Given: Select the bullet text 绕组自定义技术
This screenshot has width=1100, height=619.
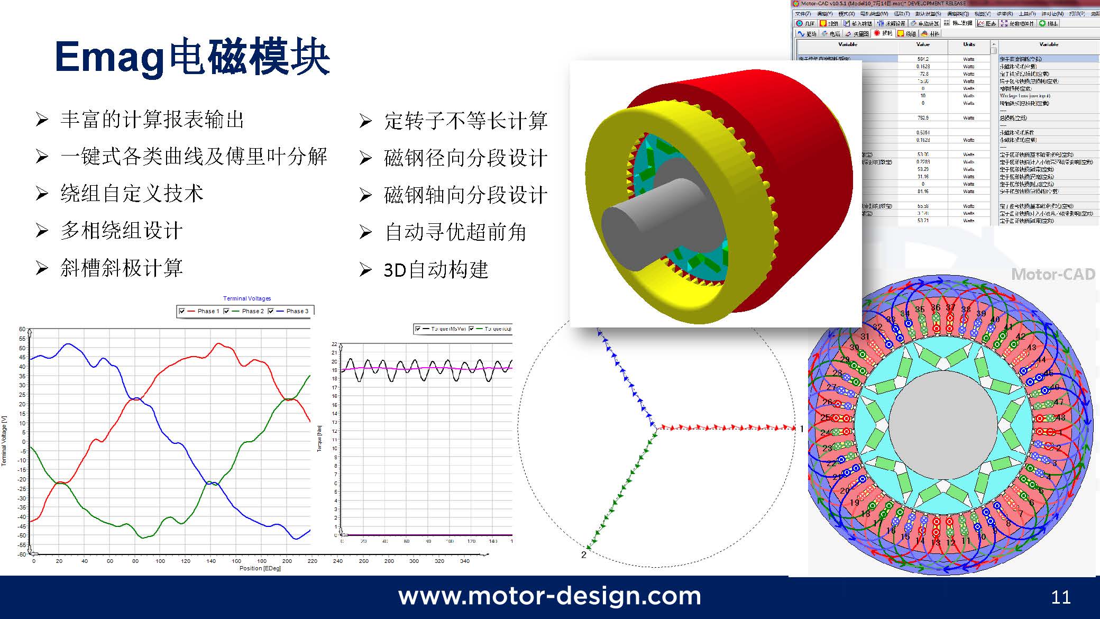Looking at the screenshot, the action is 132,194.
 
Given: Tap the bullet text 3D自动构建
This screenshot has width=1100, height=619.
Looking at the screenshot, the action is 436,270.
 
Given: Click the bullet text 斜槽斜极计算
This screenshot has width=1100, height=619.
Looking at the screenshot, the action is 122,268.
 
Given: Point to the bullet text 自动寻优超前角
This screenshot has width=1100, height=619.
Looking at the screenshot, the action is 455,232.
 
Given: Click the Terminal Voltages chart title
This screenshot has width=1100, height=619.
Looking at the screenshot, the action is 247,298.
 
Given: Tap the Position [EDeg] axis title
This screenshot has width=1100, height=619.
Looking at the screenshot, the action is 260,568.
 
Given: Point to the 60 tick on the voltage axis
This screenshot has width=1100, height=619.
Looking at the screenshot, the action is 22,329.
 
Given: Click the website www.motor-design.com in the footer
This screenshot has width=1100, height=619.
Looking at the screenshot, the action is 549,596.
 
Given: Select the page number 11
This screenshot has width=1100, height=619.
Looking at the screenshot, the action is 1061,597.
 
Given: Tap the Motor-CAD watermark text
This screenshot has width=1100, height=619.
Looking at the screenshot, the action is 1053,274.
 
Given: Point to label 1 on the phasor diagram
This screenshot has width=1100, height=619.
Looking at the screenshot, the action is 802,429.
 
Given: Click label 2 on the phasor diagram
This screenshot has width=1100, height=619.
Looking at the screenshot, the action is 584,554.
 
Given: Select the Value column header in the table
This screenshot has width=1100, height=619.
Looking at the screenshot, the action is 923,44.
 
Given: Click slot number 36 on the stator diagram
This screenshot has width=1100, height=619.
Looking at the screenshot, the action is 936,307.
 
